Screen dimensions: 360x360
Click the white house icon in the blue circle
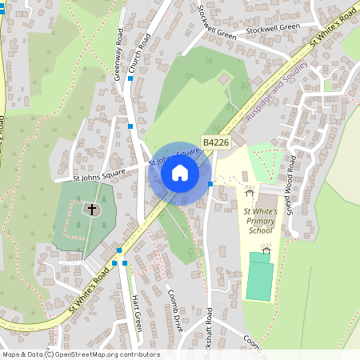click(180, 173)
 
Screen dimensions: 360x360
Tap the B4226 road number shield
click(216, 142)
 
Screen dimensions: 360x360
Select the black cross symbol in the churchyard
click(92, 210)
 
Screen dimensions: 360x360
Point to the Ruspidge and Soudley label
click(276, 98)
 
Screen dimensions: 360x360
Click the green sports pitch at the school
click(259, 277)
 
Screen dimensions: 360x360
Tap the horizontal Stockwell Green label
click(273, 26)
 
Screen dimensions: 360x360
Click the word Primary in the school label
click(259, 220)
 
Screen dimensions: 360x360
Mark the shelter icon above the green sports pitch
click(266, 249)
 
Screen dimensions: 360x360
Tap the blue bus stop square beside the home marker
click(210, 184)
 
